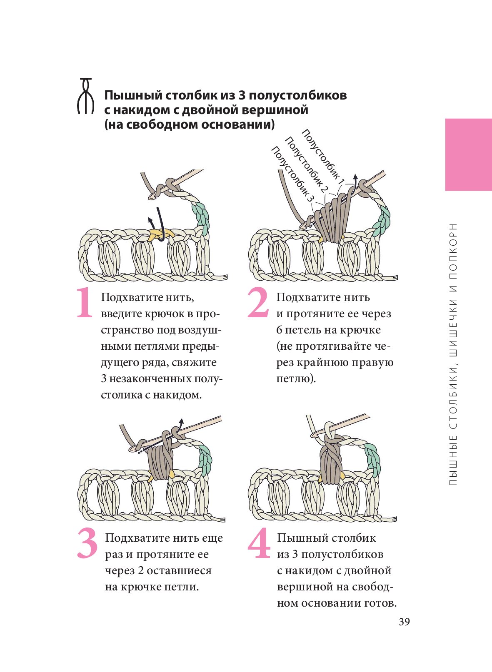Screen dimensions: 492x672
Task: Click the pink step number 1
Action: pyautogui.click(x=85, y=303)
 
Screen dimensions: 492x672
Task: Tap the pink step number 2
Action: pyautogui.click(x=258, y=303)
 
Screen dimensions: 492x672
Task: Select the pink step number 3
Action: pyautogui.click(x=87, y=543)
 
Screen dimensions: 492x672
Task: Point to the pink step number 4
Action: pyautogui.click(x=259, y=543)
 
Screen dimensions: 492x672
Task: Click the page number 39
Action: pyautogui.click(x=404, y=622)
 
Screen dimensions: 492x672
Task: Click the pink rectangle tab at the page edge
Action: pyautogui.click(x=468, y=154)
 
